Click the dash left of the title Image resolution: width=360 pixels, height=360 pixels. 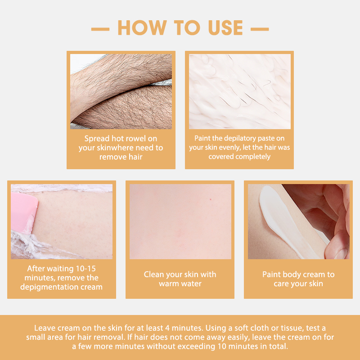pyautogui.click(x=100, y=29)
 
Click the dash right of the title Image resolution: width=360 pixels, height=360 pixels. pyautogui.click(x=260, y=29)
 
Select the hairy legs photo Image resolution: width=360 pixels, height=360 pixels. pyautogui.click(x=121, y=91)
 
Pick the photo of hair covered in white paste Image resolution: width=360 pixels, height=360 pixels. pyautogui.click(x=239, y=91)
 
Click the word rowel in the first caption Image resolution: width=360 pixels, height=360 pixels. pyautogui.click(x=138, y=139)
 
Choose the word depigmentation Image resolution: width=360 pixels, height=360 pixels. pyautogui.click(x=49, y=287)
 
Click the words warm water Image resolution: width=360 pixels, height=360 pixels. pyautogui.click(x=180, y=283)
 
